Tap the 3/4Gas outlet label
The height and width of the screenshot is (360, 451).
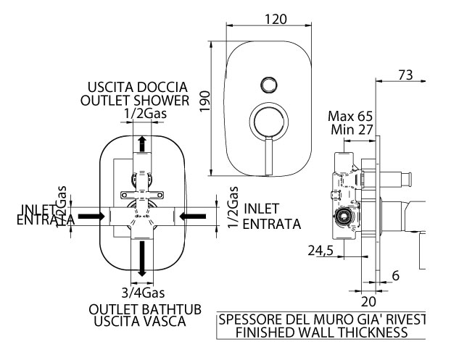pyautogui.click(x=143, y=293)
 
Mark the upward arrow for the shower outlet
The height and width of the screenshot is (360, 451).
pyautogui.click(x=142, y=143)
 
